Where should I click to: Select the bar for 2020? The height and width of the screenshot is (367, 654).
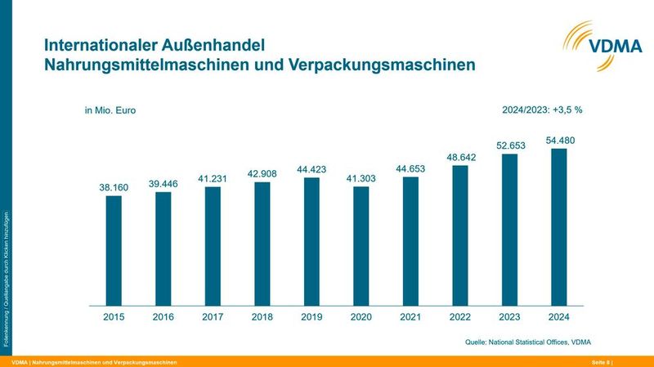361,245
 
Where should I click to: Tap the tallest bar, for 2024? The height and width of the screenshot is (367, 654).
558,226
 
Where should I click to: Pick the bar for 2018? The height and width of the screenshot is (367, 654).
262,242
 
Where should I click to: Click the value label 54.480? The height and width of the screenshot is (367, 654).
559,141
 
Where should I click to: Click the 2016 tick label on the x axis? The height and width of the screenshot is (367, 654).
163,316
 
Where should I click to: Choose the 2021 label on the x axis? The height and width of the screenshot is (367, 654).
410,316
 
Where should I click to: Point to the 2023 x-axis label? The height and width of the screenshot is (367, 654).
509,316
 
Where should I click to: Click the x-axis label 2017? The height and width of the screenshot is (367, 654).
213,316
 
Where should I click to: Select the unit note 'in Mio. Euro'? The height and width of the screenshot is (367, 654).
110,110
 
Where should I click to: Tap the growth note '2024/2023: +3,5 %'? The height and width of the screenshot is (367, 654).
541,110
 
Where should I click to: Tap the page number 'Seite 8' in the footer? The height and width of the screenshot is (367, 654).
602,361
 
